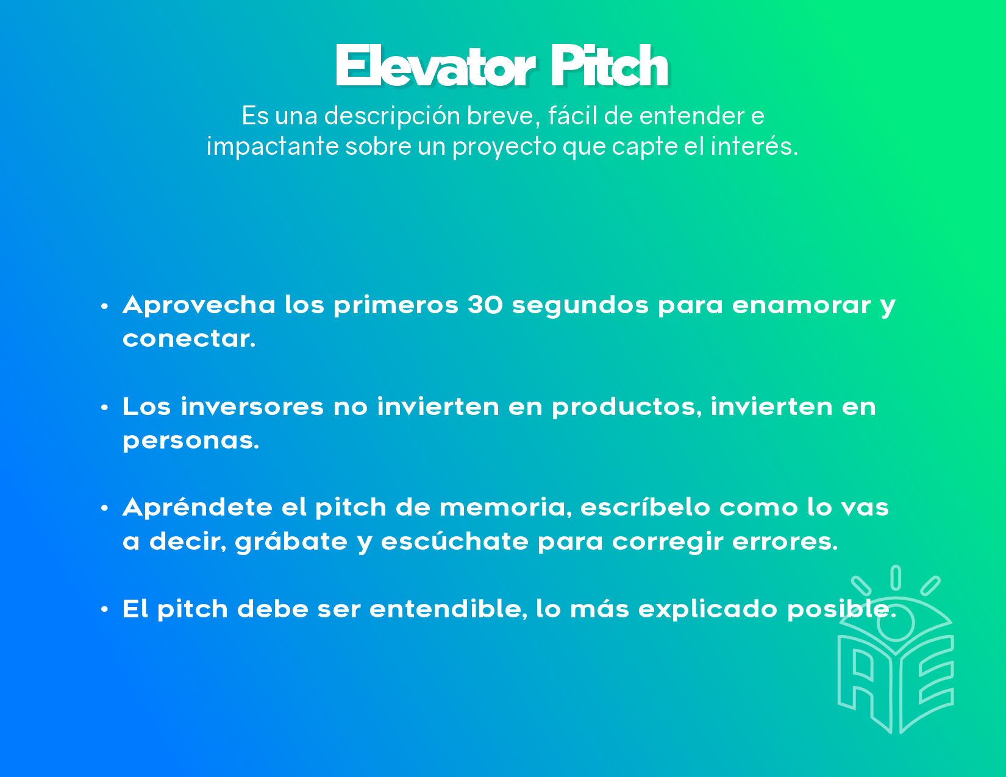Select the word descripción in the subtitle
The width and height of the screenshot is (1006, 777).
click(391, 116)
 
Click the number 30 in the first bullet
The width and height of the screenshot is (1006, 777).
click(485, 305)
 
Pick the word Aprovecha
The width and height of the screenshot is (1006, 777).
click(199, 306)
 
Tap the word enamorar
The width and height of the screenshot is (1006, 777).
click(801, 305)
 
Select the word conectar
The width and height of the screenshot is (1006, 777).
click(189, 339)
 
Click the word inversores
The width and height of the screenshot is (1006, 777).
click(252, 406)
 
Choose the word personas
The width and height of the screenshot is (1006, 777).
click(190, 441)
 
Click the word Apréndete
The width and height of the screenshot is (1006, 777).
click(197, 507)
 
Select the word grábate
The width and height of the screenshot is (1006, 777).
click(291, 541)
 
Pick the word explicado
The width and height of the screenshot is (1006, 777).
click(707, 609)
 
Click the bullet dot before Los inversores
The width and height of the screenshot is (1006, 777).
click(105, 407)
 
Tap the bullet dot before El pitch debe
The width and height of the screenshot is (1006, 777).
click(105, 609)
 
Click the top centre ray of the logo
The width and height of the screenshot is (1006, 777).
click(896, 578)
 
